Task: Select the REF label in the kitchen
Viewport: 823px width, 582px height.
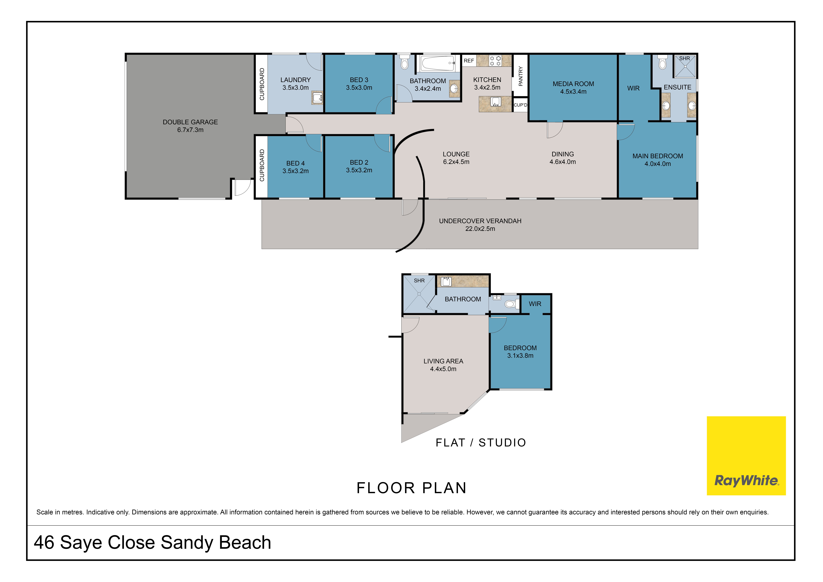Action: pyautogui.click(x=469, y=61)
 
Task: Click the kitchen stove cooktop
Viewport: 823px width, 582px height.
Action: pyautogui.click(x=495, y=61)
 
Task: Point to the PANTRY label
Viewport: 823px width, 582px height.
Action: pyautogui.click(x=520, y=76)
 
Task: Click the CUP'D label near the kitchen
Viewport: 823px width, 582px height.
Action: pyautogui.click(x=520, y=105)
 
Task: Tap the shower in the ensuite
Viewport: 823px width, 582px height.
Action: pyautogui.click(x=685, y=66)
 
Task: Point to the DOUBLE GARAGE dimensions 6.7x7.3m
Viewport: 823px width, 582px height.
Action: pyautogui.click(x=190, y=130)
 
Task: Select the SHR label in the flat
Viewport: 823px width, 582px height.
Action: pyautogui.click(x=419, y=281)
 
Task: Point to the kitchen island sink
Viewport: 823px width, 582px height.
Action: pyautogui.click(x=495, y=102)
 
